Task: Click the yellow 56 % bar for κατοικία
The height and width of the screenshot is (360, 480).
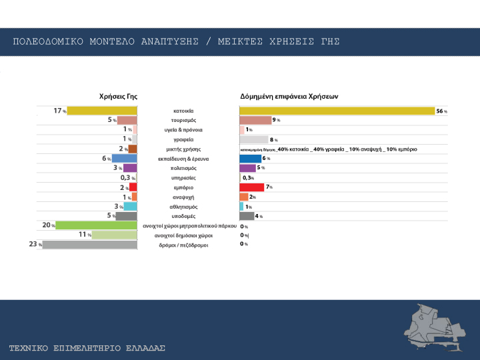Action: tap(337, 111)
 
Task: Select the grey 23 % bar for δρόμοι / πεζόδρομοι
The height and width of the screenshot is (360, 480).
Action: tap(89, 245)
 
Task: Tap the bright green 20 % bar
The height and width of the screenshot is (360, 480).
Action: tap(96, 225)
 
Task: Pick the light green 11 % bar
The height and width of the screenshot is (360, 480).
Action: tap(114, 235)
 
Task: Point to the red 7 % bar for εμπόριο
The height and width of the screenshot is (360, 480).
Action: tap(251, 187)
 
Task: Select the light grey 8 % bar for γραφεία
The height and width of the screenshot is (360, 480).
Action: tap(253, 139)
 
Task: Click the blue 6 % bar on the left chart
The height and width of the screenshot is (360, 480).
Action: tap(124, 159)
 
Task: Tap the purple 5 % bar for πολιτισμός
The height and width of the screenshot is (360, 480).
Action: tap(247, 168)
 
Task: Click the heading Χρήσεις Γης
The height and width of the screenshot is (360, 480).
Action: tap(118, 96)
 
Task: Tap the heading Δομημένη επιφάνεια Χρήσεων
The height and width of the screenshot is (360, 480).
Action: tap(289, 96)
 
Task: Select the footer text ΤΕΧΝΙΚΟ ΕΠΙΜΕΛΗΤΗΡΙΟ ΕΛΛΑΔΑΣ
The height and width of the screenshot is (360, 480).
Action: tap(87, 348)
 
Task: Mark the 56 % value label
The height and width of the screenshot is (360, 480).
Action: tap(441, 111)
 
